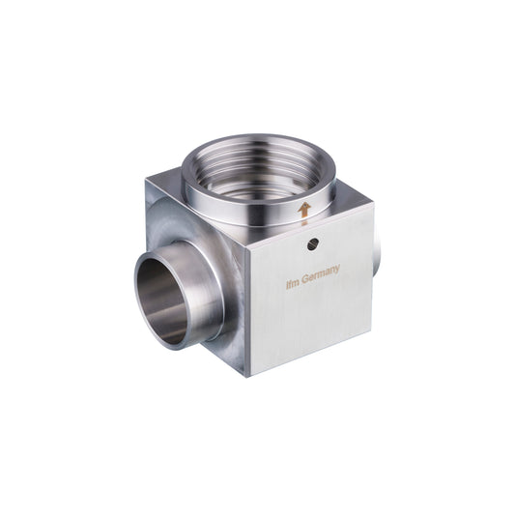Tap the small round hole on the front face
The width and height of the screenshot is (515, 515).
pos(311,244)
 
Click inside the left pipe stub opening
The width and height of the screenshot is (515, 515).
pos(160,302)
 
